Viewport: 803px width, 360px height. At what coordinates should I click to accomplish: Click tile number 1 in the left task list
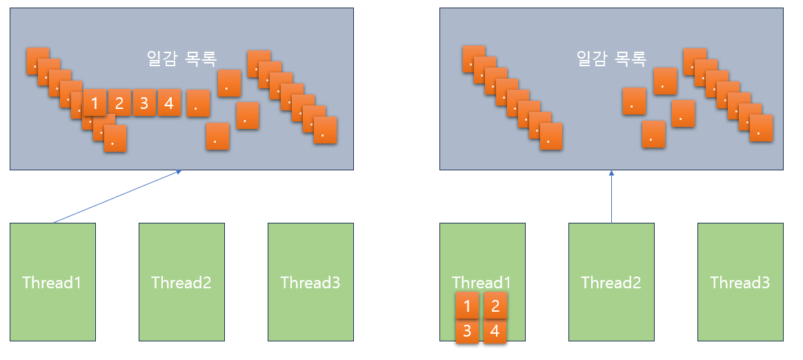95,103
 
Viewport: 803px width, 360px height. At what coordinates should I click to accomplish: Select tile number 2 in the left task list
119,103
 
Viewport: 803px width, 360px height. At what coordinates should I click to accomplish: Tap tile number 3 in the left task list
144,103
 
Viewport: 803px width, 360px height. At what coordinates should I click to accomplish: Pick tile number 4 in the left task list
169,103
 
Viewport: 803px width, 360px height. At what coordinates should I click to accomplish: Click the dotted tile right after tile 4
198,103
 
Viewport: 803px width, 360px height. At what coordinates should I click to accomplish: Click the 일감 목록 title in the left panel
181,59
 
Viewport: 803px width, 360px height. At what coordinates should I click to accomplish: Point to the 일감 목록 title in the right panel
611,59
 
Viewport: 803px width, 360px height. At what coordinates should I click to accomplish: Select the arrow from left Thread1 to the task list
116,197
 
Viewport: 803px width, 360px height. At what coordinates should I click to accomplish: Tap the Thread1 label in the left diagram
52,282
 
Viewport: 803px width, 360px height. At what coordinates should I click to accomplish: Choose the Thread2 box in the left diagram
181,282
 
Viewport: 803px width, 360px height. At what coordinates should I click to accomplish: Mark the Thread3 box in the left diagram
310,282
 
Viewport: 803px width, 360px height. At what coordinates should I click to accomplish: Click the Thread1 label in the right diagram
482,282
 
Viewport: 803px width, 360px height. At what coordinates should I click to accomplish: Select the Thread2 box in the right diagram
611,282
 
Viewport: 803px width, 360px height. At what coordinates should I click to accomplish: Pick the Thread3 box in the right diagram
740,282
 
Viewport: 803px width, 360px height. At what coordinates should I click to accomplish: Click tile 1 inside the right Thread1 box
467,306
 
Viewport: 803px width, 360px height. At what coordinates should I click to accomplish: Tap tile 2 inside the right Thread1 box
495,306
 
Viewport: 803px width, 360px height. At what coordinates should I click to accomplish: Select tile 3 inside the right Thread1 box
467,331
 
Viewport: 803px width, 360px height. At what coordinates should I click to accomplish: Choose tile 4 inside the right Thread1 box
495,331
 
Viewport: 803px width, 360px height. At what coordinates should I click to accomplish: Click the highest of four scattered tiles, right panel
665,81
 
